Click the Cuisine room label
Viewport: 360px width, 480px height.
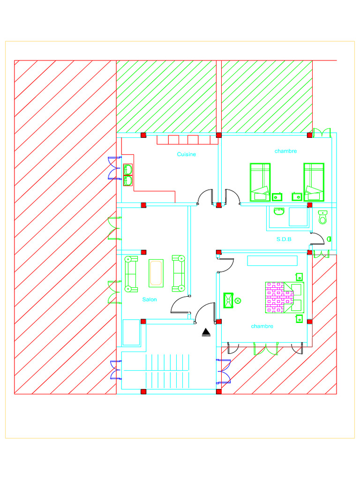pyautogui.click(x=187, y=154)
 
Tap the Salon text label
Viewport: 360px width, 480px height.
pyautogui.click(x=150, y=300)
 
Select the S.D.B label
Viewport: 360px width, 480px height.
pyautogui.click(x=284, y=239)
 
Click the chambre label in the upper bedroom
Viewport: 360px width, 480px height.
pyautogui.click(x=285, y=151)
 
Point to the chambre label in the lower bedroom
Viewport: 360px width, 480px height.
pyautogui.click(x=262, y=326)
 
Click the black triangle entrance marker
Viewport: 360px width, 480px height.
pyautogui.click(x=206, y=332)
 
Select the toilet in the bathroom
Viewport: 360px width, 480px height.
pyautogui.click(x=322, y=217)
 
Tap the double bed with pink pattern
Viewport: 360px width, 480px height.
pyautogui.click(x=284, y=297)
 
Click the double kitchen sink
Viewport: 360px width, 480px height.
pyautogui.click(x=128, y=175)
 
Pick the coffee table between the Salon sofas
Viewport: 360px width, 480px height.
pyautogui.click(x=156, y=273)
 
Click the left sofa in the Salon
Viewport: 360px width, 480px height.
pyautogui.click(x=131, y=273)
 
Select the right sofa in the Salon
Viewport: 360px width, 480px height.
pyautogui.click(x=179, y=273)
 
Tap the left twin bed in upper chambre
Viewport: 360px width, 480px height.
pyautogui.click(x=260, y=182)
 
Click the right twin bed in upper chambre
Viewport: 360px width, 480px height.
pyautogui.click(x=314, y=182)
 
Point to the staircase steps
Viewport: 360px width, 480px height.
pyautogui.click(x=168, y=370)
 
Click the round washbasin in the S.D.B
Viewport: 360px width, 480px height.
pyautogui.click(x=279, y=211)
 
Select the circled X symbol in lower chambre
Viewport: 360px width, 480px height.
pyautogui.click(x=238, y=300)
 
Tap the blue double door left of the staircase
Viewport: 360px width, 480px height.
pyautogui.click(x=115, y=370)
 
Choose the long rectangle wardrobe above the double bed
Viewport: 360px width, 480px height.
pyautogui.click(x=273, y=261)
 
